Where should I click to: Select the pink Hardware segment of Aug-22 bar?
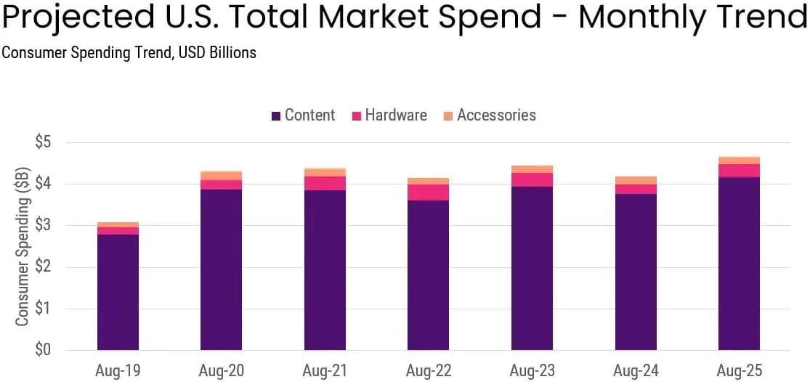coord(428,192)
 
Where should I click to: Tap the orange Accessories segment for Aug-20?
coord(221,175)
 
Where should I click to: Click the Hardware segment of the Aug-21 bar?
coord(325,183)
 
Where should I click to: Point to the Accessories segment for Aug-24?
coord(635,180)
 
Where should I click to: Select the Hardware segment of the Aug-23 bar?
coord(532,179)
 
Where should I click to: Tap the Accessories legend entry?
coord(489,115)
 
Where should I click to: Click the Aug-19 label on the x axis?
coord(117,370)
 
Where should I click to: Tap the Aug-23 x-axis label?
coord(532,370)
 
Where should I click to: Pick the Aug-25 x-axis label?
coord(739,370)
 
